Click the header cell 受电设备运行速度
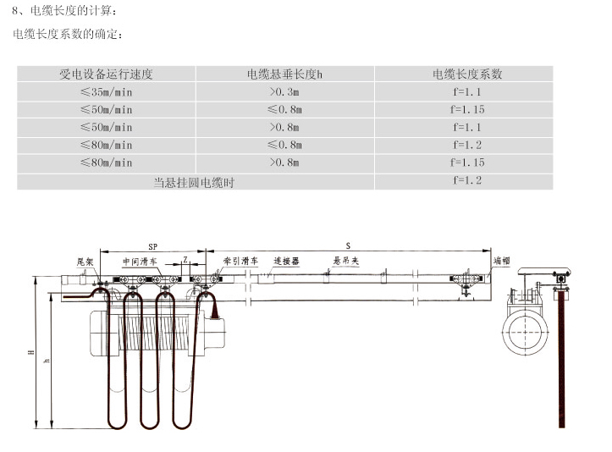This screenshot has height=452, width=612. tap(106, 74)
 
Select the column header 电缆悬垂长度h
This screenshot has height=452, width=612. tap(284, 74)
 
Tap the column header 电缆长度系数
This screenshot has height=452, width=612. tap(467, 74)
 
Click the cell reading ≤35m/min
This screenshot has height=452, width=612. tap(106, 92)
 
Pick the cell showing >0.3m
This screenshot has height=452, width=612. tap(284, 92)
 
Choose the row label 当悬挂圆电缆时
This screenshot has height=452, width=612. tap(194, 182)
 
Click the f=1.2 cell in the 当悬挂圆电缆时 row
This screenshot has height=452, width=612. tap(467, 180)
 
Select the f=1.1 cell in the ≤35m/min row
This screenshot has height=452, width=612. tap(467, 92)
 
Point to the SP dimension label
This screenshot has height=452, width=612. tap(152, 246)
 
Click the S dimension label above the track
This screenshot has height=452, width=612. tap(348, 246)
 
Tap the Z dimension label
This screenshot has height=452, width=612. tap(185, 259)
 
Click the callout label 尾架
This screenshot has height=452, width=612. tap(85, 262)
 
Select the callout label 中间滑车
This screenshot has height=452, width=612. tap(140, 262)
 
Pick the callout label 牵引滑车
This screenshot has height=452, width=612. tap(240, 261)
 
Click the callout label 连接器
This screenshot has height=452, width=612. tap(286, 261)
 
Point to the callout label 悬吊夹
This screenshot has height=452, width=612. tap(345, 261)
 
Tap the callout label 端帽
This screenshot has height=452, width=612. tap(502, 261)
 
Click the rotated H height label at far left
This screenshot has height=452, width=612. tap(31, 352)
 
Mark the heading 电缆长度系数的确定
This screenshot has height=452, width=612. tap(68, 34)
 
